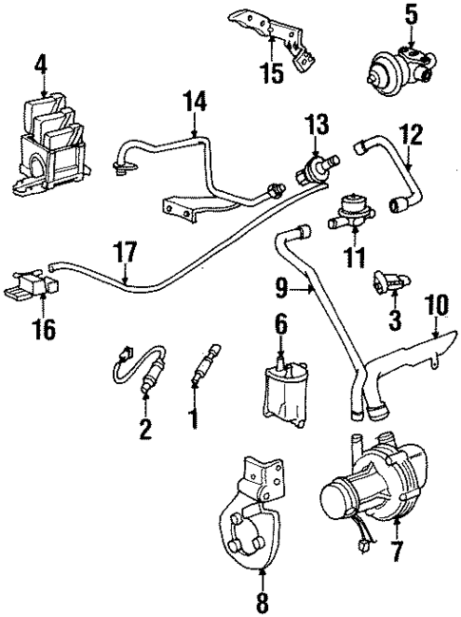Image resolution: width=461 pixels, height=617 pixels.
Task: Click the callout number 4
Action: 41,65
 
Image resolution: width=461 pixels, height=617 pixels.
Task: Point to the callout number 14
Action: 195,101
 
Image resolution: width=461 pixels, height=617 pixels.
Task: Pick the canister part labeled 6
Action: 284,390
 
